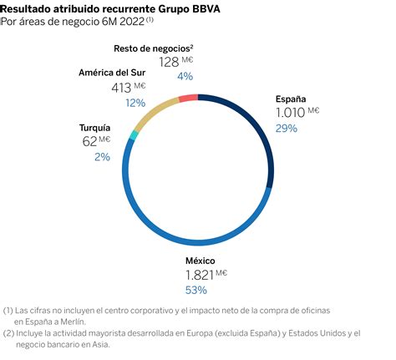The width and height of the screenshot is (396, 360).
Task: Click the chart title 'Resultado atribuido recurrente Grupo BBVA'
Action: pos(104,9)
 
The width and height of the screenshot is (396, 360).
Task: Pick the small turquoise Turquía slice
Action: pos(134,134)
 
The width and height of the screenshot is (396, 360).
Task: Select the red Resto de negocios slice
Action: pos(188,98)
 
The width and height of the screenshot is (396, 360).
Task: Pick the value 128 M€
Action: pos(175,61)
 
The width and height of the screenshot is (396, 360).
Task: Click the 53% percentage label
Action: pos(195,290)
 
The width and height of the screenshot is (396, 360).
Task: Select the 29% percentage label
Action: pos(287,129)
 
